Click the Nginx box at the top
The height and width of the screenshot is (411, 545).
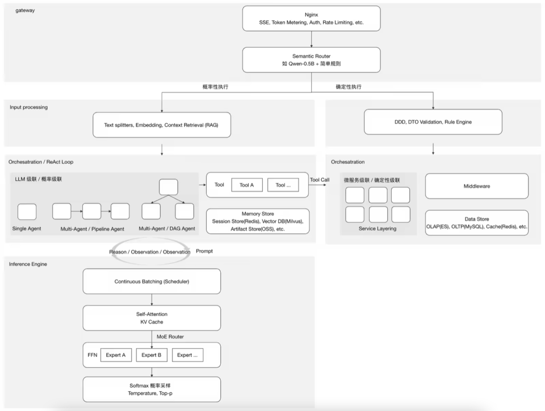point(312,18)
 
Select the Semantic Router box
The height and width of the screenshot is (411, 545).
point(312,60)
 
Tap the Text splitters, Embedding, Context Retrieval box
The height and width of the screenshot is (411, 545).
point(162,125)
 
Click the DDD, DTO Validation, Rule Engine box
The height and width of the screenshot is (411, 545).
point(433,122)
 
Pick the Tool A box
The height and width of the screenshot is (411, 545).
point(247,185)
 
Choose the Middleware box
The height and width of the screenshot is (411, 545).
point(477,186)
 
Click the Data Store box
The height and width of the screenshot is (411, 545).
point(477,223)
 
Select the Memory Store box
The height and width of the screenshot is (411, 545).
point(258,221)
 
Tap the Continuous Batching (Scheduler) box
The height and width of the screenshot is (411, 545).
point(152,281)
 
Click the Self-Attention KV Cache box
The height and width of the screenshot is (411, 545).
point(152,318)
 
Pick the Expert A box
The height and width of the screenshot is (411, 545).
point(116,355)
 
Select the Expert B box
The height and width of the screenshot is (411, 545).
point(152,355)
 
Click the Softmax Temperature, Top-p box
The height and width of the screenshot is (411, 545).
point(152,389)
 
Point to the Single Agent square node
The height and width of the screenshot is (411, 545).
point(27,212)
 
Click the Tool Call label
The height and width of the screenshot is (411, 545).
point(320,180)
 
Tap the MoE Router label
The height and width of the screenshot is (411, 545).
point(170,337)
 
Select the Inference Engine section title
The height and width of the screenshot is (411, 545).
point(28,264)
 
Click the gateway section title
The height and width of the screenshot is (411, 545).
point(25,10)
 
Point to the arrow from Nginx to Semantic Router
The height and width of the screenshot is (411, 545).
point(312,39)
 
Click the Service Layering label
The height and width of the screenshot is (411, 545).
point(378,228)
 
